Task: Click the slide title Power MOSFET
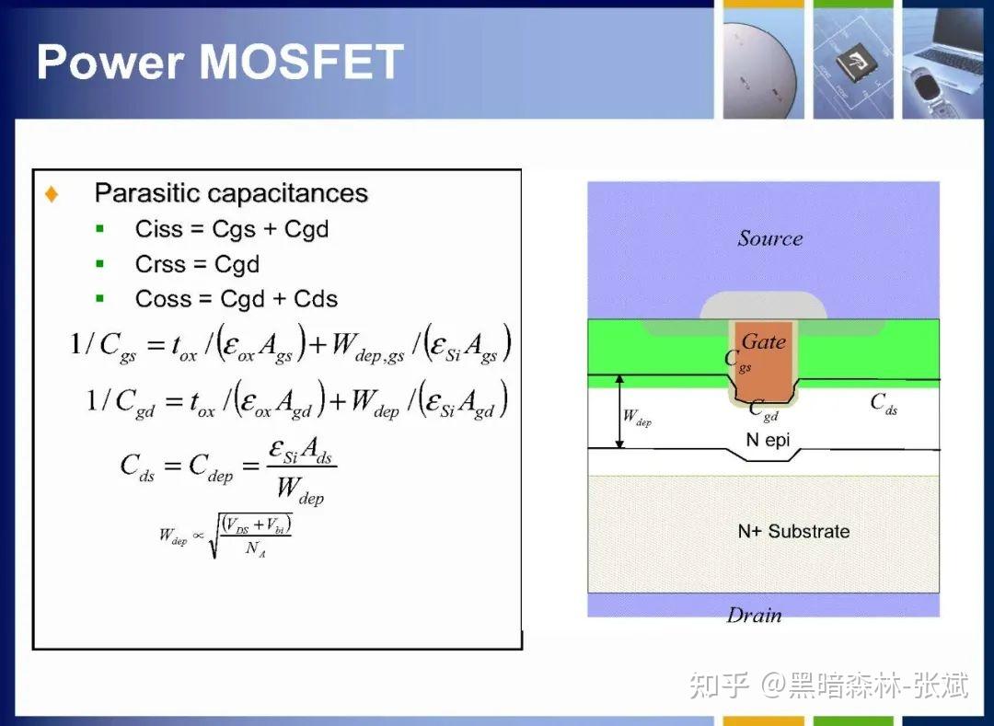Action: pos(220,62)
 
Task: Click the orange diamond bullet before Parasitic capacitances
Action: pos(52,194)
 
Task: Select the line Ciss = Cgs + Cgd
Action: pos(231,229)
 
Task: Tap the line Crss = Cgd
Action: pos(197,264)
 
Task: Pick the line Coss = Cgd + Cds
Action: pos(236,299)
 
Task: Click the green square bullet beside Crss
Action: pos(100,264)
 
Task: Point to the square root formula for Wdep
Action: pos(226,536)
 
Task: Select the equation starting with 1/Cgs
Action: pos(290,345)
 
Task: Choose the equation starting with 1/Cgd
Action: pos(296,401)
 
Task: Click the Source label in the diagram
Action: pos(769,238)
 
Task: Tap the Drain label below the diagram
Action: pos(754,616)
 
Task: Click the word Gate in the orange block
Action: pos(763,341)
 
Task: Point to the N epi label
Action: pos(768,440)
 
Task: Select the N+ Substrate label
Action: pos(793,531)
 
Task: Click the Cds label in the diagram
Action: pos(884,402)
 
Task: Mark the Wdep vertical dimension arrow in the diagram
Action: pos(619,411)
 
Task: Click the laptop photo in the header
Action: pos(947,63)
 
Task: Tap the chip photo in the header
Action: pos(853,63)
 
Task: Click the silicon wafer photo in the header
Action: pos(763,63)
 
